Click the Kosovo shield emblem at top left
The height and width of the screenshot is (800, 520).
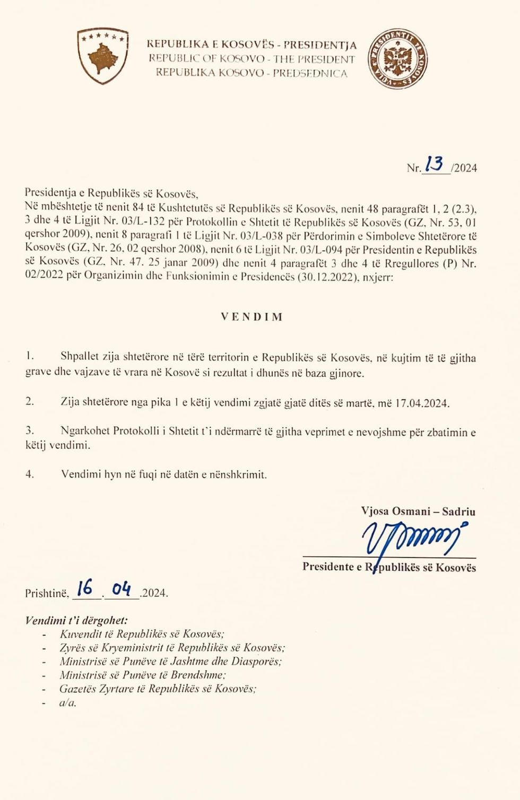(x=102, y=56)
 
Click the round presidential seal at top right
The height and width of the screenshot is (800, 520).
(x=397, y=59)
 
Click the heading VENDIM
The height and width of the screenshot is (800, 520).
(x=252, y=317)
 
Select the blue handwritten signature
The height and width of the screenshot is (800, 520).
(x=412, y=538)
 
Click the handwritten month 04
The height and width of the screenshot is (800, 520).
(x=122, y=588)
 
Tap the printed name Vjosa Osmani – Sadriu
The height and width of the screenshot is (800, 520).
(x=418, y=512)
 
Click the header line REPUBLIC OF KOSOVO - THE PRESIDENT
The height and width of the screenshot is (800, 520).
(x=252, y=59)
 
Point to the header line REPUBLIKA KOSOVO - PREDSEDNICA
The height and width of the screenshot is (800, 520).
(x=252, y=73)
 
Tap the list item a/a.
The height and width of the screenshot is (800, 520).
(x=67, y=703)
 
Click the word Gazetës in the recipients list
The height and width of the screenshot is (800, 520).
(x=77, y=689)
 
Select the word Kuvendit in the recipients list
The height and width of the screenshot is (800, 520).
(x=80, y=634)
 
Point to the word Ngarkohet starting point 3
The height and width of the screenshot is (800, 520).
(x=86, y=431)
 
